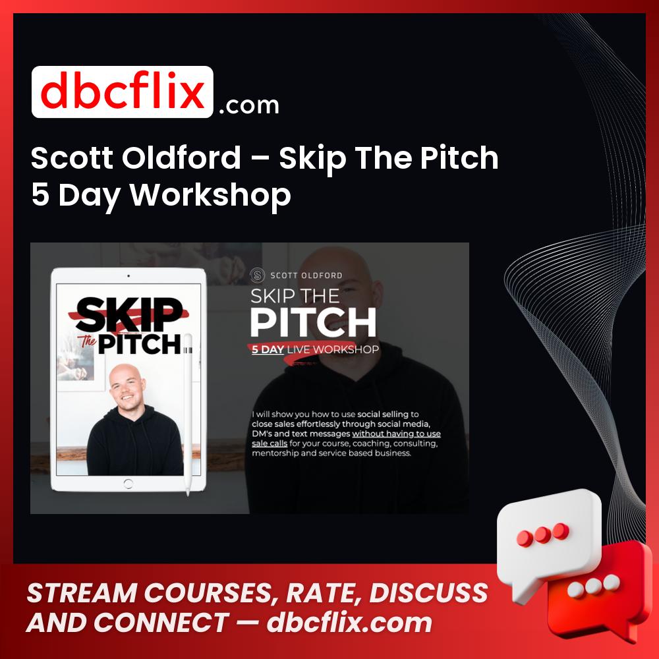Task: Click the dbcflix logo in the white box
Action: pyautogui.click(x=123, y=92)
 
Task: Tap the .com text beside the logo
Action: pyautogui.click(x=249, y=105)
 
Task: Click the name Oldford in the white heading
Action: pyautogui.click(x=181, y=158)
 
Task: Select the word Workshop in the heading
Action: pyautogui.click(x=210, y=195)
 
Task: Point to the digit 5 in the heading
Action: pyautogui.click(x=40, y=195)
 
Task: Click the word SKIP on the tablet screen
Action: pyautogui.click(x=129, y=314)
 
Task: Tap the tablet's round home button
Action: pyautogui.click(x=129, y=484)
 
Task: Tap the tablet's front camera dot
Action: pyautogui.click(x=129, y=276)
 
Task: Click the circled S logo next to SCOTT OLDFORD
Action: pyautogui.click(x=257, y=275)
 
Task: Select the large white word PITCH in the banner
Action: pyautogui.click(x=313, y=322)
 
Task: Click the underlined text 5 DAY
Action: pyautogui.click(x=268, y=350)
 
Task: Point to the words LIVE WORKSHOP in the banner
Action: pyautogui.click(x=333, y=350)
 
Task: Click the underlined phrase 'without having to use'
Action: pyautogui.click(x=396, y=434)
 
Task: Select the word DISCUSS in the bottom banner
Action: pyautogui.click(x=428, y=592)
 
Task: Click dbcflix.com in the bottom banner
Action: pyautogui.click(x=349, y=623)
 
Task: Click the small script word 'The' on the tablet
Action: pyautogui.click(x=87, y=341)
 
